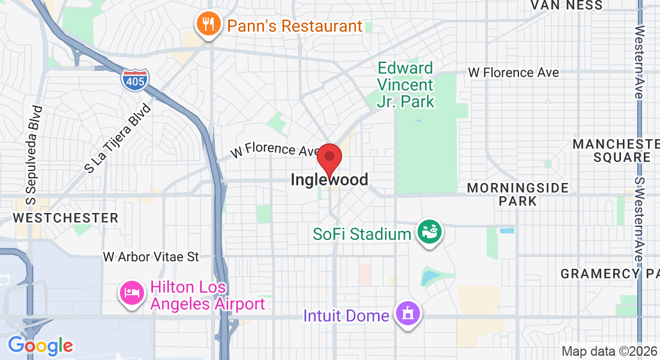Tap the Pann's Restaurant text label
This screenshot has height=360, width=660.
294,26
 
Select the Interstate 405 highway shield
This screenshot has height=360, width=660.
135,80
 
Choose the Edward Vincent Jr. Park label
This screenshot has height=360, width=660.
406,85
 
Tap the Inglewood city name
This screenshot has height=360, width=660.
329,179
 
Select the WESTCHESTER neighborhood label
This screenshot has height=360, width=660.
66,218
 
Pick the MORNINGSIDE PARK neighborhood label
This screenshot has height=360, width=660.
518,194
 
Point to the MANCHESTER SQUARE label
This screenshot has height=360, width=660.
615,151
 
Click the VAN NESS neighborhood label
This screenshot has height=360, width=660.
566,5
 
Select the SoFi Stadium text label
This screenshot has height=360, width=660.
362,234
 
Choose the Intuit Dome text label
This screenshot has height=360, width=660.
346,316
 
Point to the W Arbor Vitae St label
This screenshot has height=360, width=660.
151,257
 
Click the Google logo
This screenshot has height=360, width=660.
40,346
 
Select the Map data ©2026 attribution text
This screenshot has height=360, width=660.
609,352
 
